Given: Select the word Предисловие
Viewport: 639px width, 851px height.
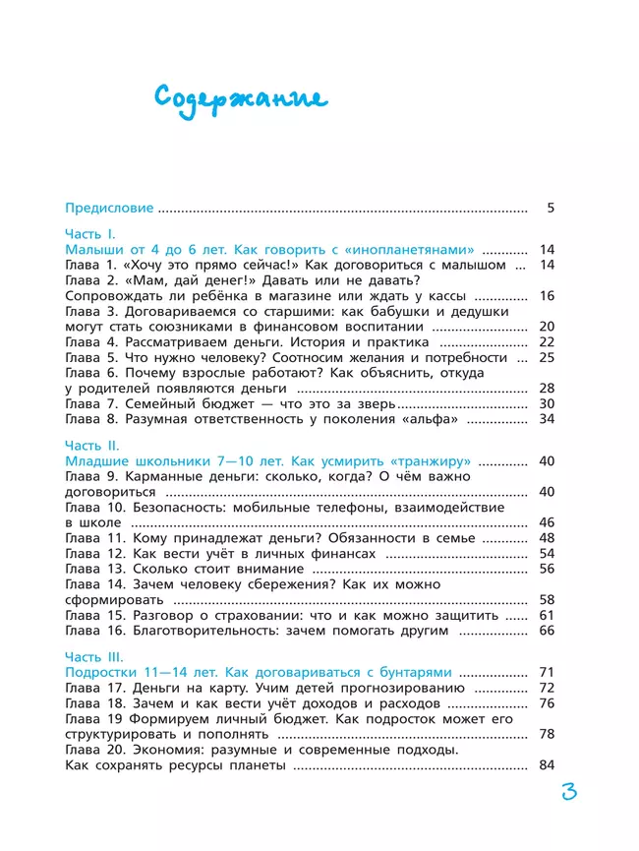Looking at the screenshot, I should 109,208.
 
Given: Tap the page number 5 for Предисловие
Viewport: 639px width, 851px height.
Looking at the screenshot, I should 552,208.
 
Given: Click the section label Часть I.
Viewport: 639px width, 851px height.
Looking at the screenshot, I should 90,233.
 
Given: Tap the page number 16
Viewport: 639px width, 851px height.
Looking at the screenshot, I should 548,295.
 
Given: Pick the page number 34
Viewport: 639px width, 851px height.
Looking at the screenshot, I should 548,419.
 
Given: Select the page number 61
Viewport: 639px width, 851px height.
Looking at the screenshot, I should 548,615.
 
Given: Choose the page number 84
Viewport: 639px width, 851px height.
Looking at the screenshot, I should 548,765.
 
